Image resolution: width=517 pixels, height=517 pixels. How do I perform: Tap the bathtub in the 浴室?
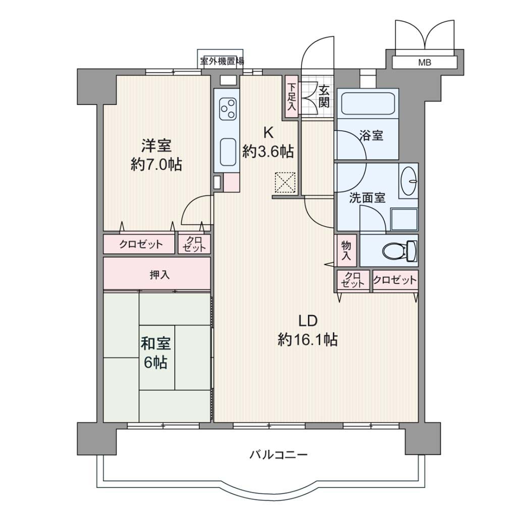pos(368,104)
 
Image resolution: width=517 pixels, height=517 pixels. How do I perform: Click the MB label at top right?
pos(424,62)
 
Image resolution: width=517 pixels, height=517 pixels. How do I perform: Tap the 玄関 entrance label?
pos(324,96)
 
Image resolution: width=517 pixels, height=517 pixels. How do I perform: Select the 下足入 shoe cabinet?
pos(291,96)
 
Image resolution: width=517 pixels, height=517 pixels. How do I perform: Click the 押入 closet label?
pos(160,275)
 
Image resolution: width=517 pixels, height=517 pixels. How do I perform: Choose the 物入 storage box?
pos(346,250)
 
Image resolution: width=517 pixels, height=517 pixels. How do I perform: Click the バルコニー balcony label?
pos(279,455)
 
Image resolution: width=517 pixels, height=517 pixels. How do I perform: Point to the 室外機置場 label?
pos(222,61)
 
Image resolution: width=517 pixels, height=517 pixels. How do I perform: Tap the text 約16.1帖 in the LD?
pos(307,339)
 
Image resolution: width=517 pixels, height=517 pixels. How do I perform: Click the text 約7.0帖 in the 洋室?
pos(156,165)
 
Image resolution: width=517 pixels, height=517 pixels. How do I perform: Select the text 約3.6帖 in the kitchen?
pos(268,151)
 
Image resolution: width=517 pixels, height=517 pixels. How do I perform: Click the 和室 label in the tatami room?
pos(156,343)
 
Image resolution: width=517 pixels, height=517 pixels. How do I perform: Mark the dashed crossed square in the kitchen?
pos(285,182)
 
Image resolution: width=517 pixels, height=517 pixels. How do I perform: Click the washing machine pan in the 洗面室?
pos(404,219)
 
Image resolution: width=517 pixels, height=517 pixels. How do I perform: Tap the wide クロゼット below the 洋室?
pos(139,244)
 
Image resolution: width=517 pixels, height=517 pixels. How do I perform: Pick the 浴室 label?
pos(371,135)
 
